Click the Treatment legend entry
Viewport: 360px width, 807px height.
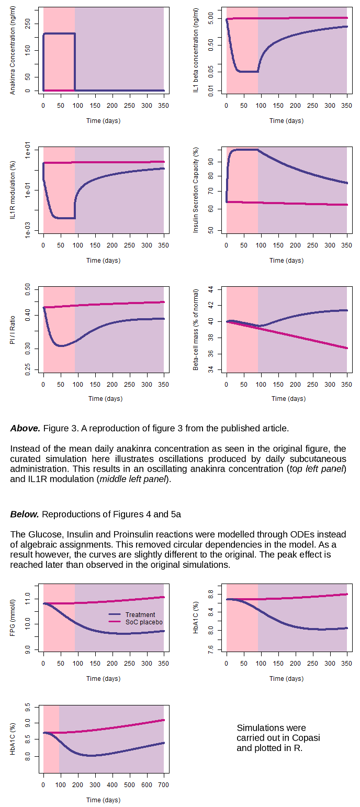pos(140,614)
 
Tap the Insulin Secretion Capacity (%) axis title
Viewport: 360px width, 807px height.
pos(196,190)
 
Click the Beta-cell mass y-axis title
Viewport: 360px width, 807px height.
pos(196,329)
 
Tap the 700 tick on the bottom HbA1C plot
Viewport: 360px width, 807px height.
pos(164,784)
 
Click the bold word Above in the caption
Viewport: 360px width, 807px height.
pos(25,428)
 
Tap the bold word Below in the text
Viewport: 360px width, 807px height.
pos(25,514)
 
